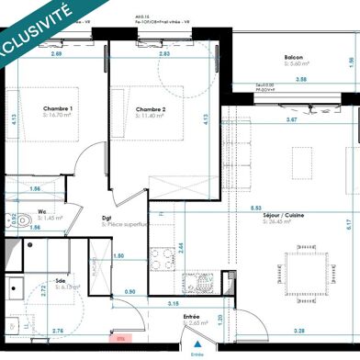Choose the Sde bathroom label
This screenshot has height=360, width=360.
pos(60,281)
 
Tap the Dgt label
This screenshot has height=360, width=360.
pos(107,219)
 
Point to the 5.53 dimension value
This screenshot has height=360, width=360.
pos(254,208)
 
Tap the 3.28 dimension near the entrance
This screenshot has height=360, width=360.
pos(299,331)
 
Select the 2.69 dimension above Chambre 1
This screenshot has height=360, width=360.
pos(58,55)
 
